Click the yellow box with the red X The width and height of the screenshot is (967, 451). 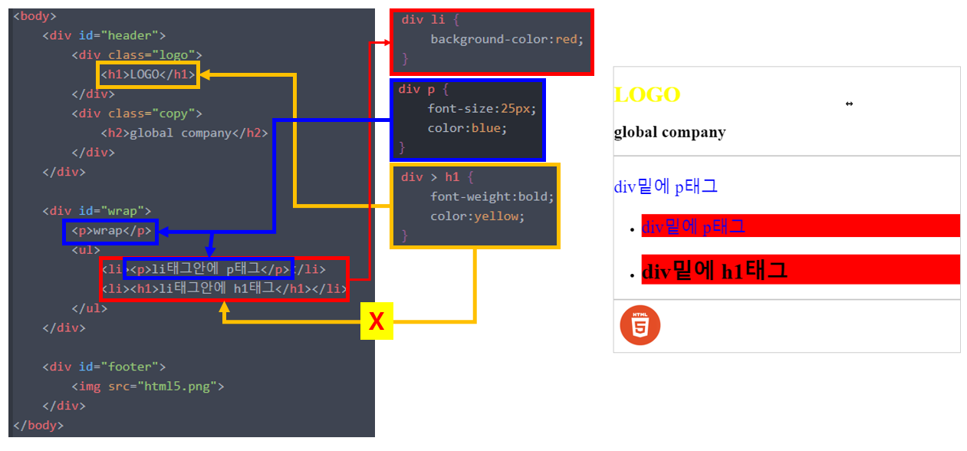tap(377, 321)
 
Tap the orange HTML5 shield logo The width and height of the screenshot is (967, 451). tap(640, 325)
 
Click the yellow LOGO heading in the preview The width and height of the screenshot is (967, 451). tap(646, 94)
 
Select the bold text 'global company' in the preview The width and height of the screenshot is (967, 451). tap(669, 132)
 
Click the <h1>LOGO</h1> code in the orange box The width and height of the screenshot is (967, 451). tap(149, 74)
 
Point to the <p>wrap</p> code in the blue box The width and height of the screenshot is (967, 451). tap(110, 230)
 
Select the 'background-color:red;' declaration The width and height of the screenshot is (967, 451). tap(507, 39)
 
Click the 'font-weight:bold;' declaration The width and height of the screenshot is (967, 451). tap(492, 196)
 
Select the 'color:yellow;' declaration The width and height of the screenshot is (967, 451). tap(477, 216)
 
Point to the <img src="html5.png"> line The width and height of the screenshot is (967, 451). tap(147, 386)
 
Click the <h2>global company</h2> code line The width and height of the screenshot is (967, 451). tap(184, 133)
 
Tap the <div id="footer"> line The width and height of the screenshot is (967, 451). tap(104, 367)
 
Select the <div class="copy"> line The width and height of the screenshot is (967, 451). tap(136, 114)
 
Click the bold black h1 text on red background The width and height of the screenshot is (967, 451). tap(714, 270)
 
